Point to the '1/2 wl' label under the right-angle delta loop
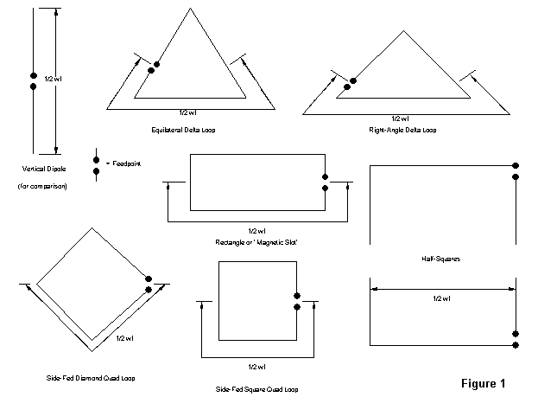click(x=400, y=118)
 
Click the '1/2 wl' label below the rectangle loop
click(x=256, y=231)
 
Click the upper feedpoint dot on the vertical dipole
click(x=33, y=75)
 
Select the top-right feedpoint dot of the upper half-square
click(x=516, y=164)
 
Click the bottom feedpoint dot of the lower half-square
click(x=516, y=345)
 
